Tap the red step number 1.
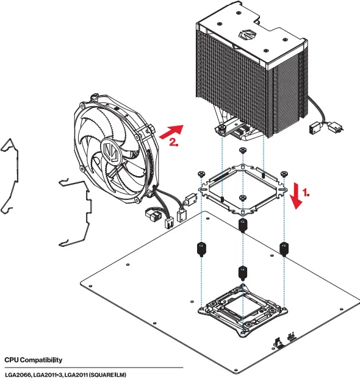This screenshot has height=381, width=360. tap(306, 191)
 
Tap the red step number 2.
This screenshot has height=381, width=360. tap(174, 144)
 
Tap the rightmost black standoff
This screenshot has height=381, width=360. tap(284, 247)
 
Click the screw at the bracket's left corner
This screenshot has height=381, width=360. tap(201, 175)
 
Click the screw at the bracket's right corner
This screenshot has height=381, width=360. tap(284, 174)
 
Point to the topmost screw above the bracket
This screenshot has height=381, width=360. tap(243, 150)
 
